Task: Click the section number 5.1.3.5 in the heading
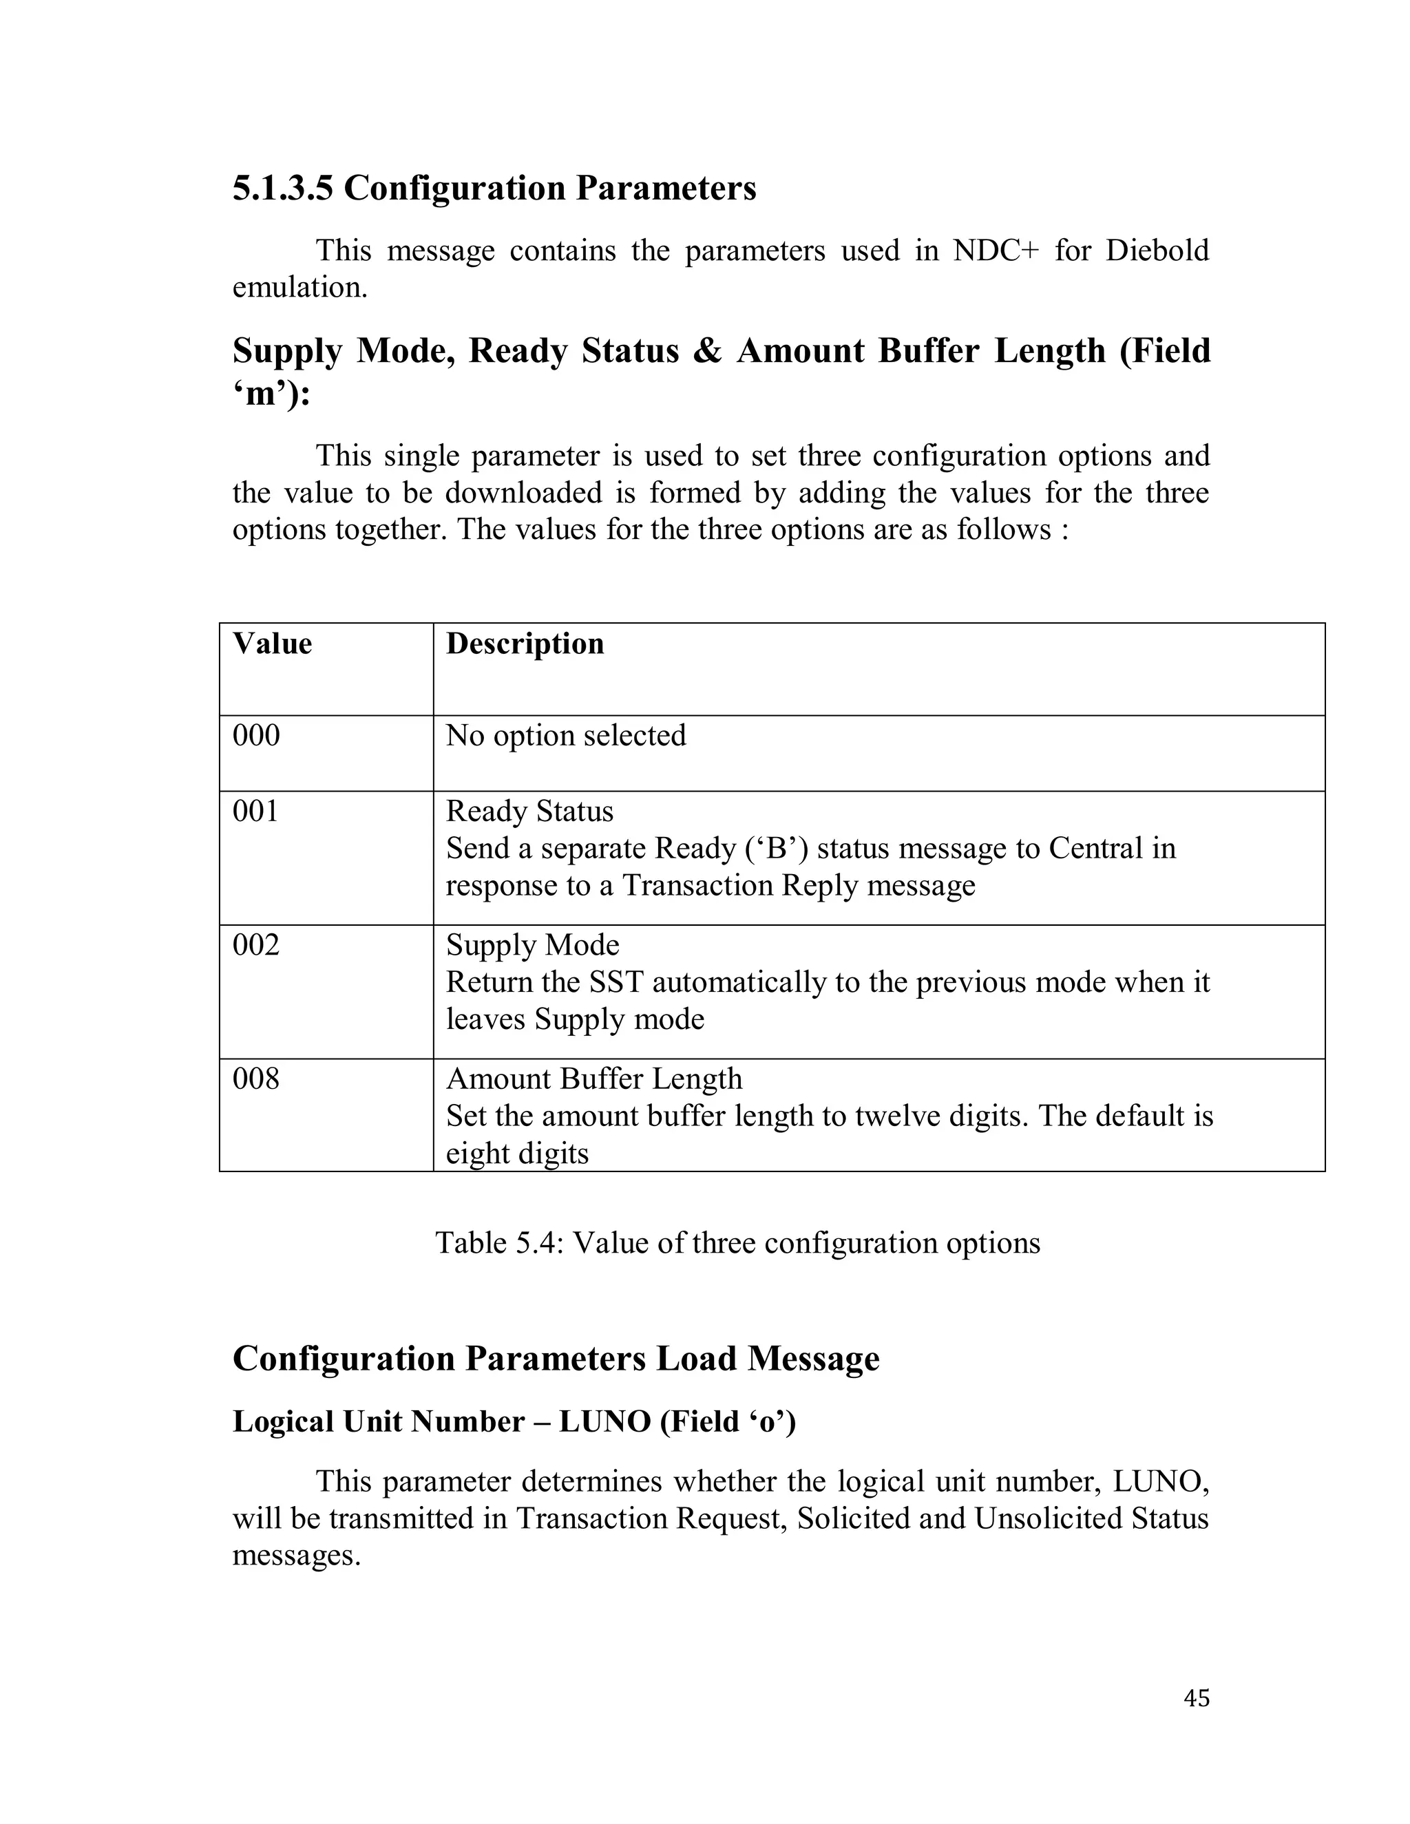pos(282,188)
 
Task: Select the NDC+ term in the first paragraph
pos(995,251)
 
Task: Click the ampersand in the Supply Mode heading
pos(706,351)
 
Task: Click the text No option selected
pos(565,736)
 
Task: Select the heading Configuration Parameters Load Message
pos(556,1359)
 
